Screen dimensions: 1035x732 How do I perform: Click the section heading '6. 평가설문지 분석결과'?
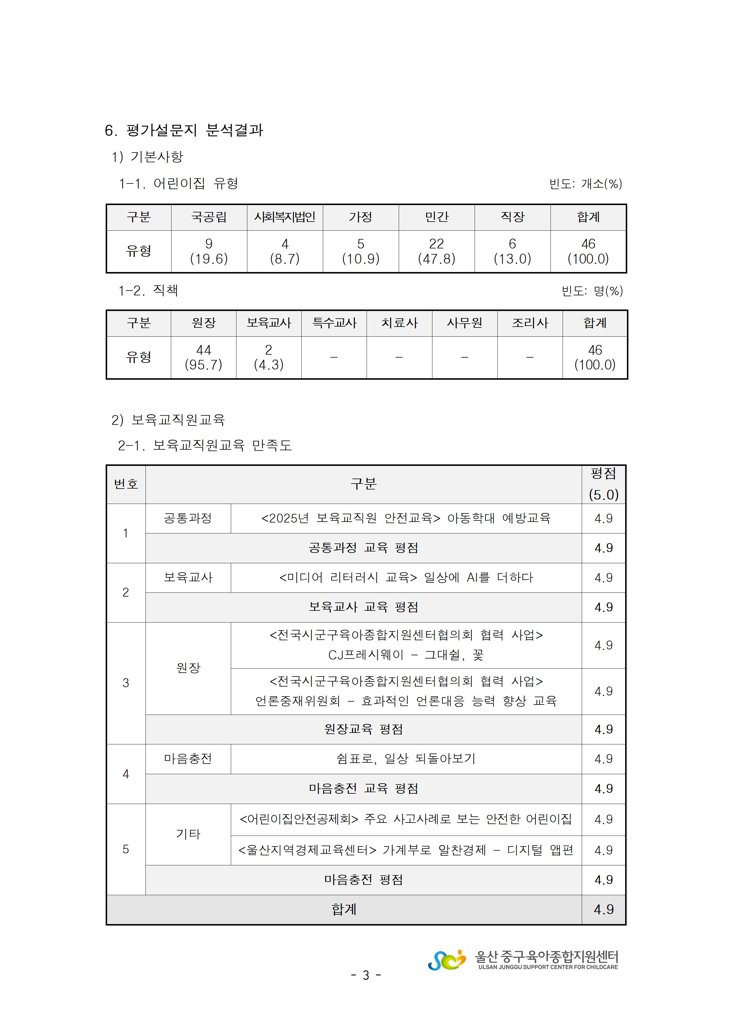pos(184,130)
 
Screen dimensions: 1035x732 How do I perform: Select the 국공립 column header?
pos(209,217)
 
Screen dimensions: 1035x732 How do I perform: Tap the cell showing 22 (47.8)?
pos(436,251)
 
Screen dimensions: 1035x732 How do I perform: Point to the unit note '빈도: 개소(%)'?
pos(585,184)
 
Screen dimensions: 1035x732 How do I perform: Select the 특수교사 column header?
pos(334,323)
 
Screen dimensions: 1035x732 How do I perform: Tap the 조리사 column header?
pos(530,323)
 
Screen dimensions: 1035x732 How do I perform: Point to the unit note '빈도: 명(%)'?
pos(592,291)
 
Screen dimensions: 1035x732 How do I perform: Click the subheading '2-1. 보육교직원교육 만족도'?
pos(205,446)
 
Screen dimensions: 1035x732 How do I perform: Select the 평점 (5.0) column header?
pos(604,484)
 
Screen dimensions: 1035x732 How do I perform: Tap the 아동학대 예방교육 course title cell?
pos(406,518)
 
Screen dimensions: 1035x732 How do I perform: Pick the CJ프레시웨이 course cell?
pos(406,645)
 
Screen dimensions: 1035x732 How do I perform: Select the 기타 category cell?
pos(188,834)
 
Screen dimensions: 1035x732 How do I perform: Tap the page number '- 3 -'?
pos(366,975)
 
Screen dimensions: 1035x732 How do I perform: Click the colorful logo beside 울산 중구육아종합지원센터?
pos(447,960)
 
